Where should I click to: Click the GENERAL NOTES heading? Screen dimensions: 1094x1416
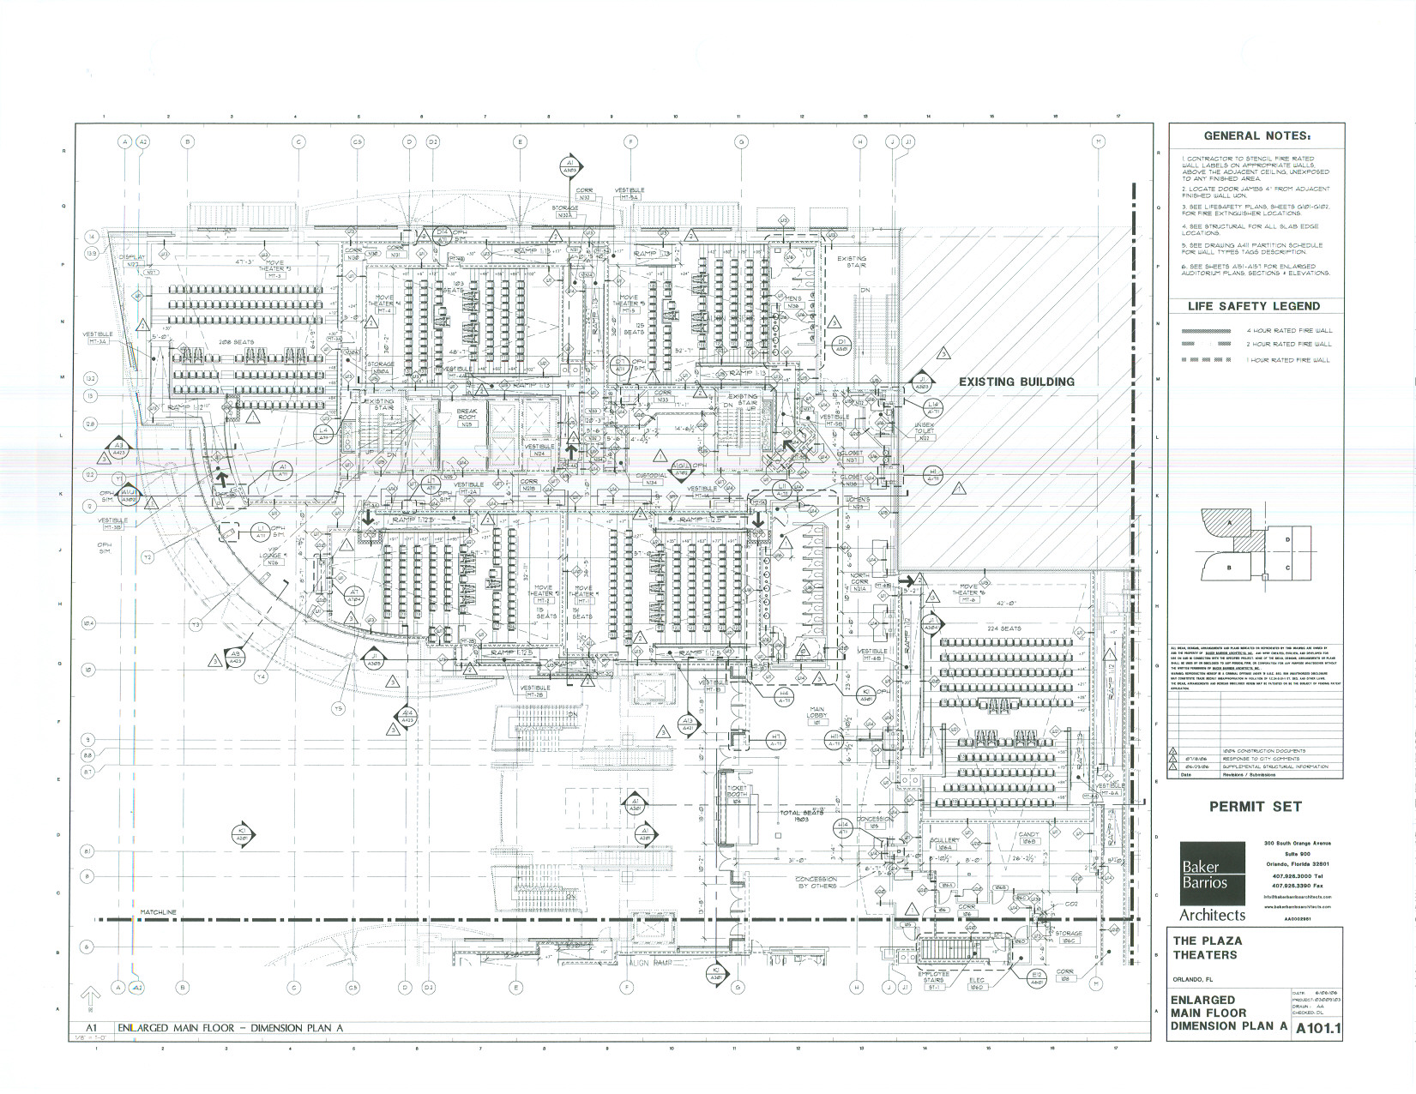tap(1256, 135)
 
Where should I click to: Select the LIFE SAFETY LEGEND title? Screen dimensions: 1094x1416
tap(1254, 306)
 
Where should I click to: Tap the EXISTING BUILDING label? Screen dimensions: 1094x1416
tap(1015, 382)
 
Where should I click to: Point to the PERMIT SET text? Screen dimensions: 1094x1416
tap(1255, 806)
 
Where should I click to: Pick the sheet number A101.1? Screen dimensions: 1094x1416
tap(1317, 1028)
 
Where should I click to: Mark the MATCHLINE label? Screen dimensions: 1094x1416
tap(159, 912)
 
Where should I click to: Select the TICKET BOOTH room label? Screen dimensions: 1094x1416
tap(738, 793)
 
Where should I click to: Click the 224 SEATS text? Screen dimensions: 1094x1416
tap(1004, 628)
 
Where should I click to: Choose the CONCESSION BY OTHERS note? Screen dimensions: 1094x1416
tap(816, 883)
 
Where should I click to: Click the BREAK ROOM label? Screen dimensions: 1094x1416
tap(467, 418)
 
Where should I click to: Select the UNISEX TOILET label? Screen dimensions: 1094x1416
tap(924, 430)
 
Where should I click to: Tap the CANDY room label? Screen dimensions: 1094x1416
tap(1028, 838)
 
